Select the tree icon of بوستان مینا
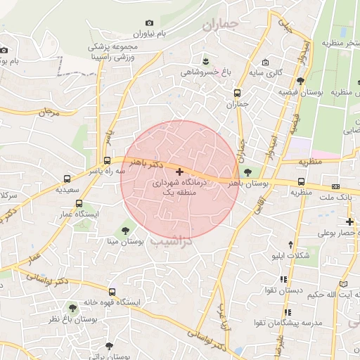point(126,229)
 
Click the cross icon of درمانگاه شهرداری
point(179,172)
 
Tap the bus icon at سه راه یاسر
point(107,160)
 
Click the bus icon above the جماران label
point(237,93)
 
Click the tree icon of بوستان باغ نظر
point(72,307)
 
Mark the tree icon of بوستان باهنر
point(247,172)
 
